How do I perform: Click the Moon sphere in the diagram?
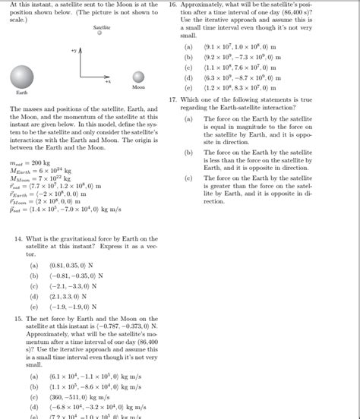click(138, 77)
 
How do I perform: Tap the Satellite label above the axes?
click(102, 27)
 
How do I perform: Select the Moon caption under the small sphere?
click(137, 88)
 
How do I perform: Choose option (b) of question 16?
click(188, 56)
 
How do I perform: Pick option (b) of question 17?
click(188, 153)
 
